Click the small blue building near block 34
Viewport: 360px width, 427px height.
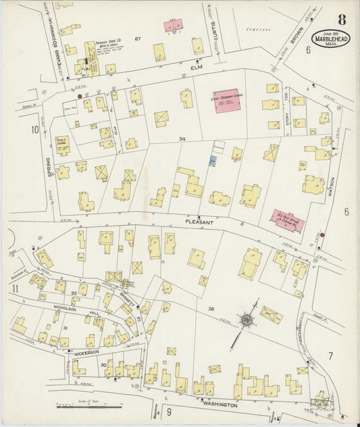pos(213,161)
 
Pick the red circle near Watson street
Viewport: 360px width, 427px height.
pos(322,235)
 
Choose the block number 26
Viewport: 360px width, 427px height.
pos(211,309)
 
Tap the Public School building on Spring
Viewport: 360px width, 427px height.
pos(63,145)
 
